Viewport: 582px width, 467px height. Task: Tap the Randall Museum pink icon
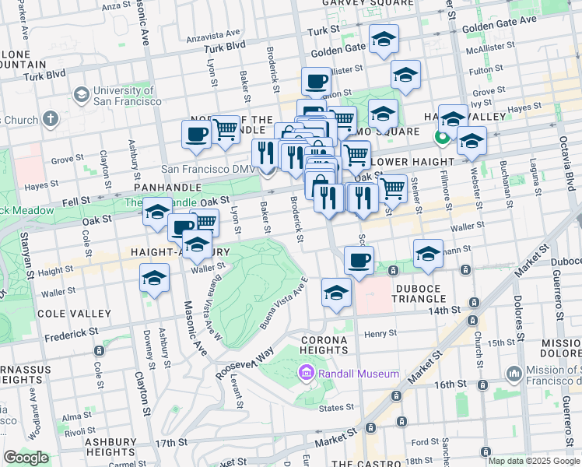click(x=304, y=374)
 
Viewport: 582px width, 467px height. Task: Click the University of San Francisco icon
click(x=81, y=95)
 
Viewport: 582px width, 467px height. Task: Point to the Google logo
click(x=26, y=458)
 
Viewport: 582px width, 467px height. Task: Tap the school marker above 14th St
click(x=336, y=293)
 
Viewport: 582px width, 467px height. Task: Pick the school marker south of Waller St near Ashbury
click(x=155, y=278)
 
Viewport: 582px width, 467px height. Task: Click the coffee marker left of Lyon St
click(x=196, y=133)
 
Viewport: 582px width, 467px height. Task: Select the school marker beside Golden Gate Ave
click(x=383, y=40)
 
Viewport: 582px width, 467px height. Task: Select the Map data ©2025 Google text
click(x=534, y=461)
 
